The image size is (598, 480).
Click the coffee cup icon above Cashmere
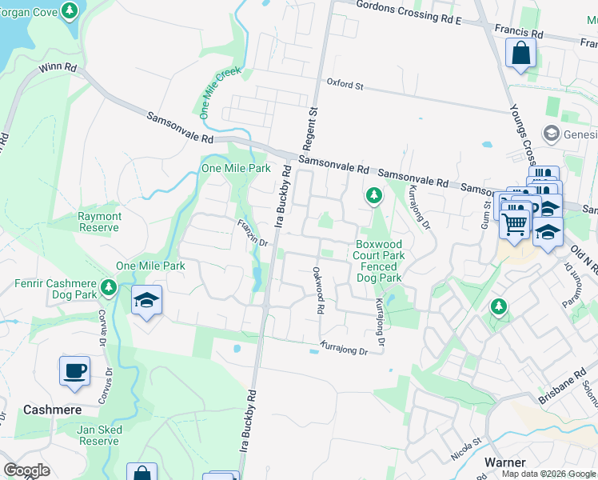74,371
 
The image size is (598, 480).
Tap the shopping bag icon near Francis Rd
520,54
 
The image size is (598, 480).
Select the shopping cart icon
515,223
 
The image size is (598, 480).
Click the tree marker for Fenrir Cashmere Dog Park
110,286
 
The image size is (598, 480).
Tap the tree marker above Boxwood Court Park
373,194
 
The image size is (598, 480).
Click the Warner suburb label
504,462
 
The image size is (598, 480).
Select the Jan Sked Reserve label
98,435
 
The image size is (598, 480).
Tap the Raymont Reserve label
99,222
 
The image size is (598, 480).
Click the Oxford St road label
345,83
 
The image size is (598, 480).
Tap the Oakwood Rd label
318,290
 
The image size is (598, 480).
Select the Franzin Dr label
250,231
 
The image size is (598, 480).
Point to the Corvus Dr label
103,329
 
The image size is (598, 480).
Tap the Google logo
27,470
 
